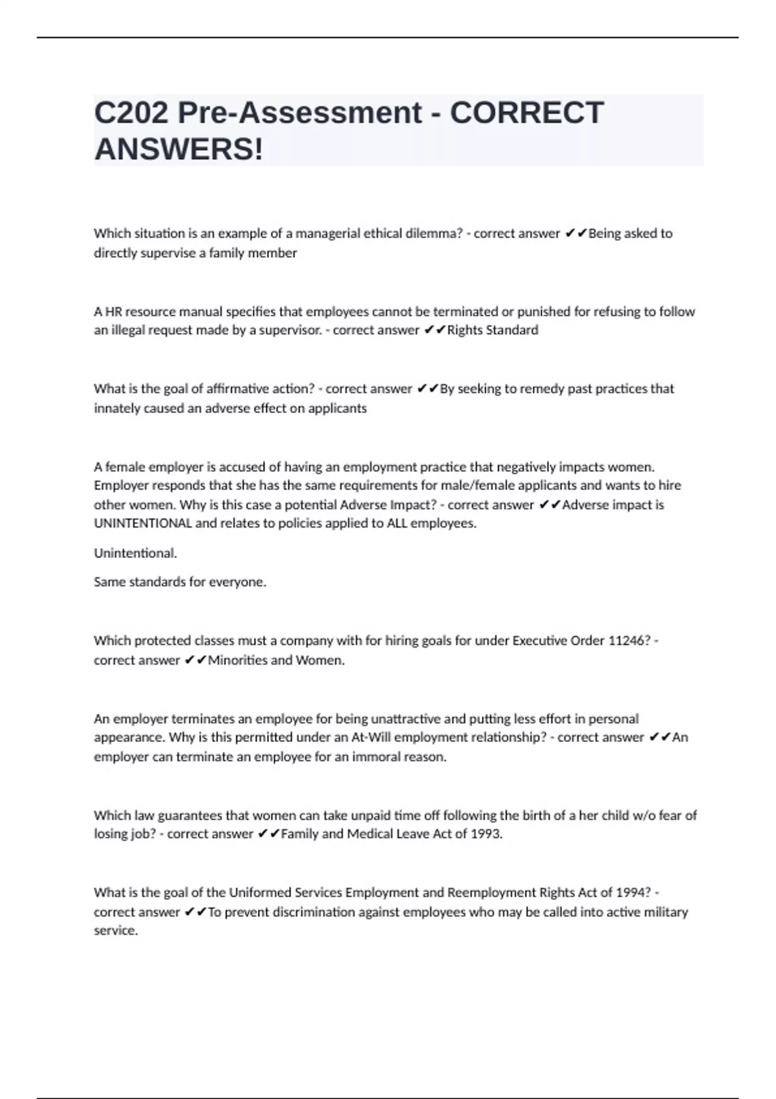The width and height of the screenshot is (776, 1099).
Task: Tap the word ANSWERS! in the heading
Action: click(178, 149)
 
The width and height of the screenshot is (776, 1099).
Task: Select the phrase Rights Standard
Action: click(493, 330)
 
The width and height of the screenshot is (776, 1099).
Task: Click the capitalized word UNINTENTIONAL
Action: click(142, 524)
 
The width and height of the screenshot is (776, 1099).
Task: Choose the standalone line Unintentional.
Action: click(135, 553)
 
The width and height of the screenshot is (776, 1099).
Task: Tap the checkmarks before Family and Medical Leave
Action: click(268, 834)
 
